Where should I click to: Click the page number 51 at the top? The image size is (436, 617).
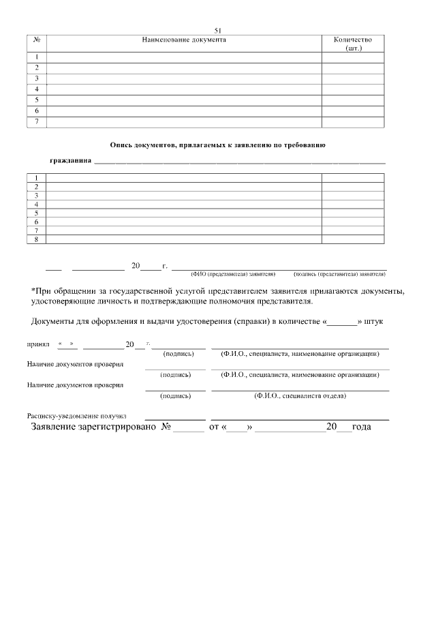[x=218, y=31]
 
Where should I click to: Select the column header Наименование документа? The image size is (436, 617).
[x=184, y=40]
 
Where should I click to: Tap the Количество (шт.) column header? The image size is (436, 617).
[x=353, y=44]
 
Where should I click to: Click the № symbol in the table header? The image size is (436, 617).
[x=36, y=40]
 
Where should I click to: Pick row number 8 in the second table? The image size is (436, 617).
[x=36, y=239]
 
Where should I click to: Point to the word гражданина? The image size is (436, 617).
[x=71, y=162]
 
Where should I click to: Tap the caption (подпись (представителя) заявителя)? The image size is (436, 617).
[x=339, y=273]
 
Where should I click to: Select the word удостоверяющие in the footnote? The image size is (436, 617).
[x=65, y=301]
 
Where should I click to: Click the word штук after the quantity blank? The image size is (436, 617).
[x=379, y=320]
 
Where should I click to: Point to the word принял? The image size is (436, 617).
[x=38, y=345]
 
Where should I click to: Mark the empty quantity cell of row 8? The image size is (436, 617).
[x=353, y=239]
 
